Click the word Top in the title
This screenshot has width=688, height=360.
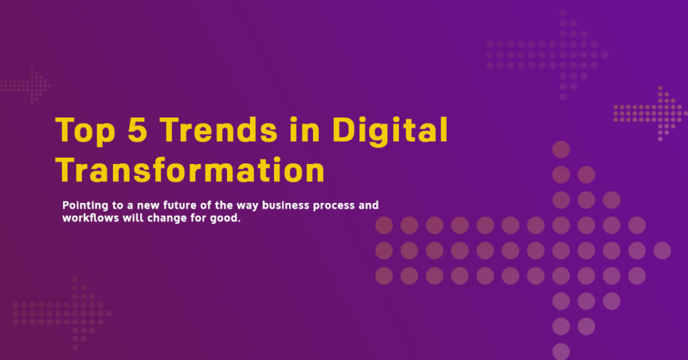[x=85, y=130]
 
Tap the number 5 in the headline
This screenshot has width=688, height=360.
[x=137, y=130]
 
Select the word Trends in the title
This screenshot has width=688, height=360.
[x=218, y=130]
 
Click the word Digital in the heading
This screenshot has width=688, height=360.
[x=390, y=130]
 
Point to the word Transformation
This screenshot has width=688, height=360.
[x=190, y=170]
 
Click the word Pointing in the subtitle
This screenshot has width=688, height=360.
[x=85, y=206]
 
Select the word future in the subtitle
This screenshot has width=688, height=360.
[x=179, y=206]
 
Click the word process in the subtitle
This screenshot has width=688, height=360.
[x=333, y=206]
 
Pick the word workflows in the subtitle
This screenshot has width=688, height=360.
[x=91, y=218]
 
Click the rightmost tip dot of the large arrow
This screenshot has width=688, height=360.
[x=662, y=251]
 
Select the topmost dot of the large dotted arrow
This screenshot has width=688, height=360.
[x=561, y=150]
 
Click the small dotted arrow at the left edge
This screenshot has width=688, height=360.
[x=25, y=86]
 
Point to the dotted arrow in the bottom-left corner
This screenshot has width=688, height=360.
[x=62, y=314]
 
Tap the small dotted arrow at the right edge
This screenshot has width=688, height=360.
[x=650, y=114]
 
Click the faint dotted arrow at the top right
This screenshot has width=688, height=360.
[x=547, y=55]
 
